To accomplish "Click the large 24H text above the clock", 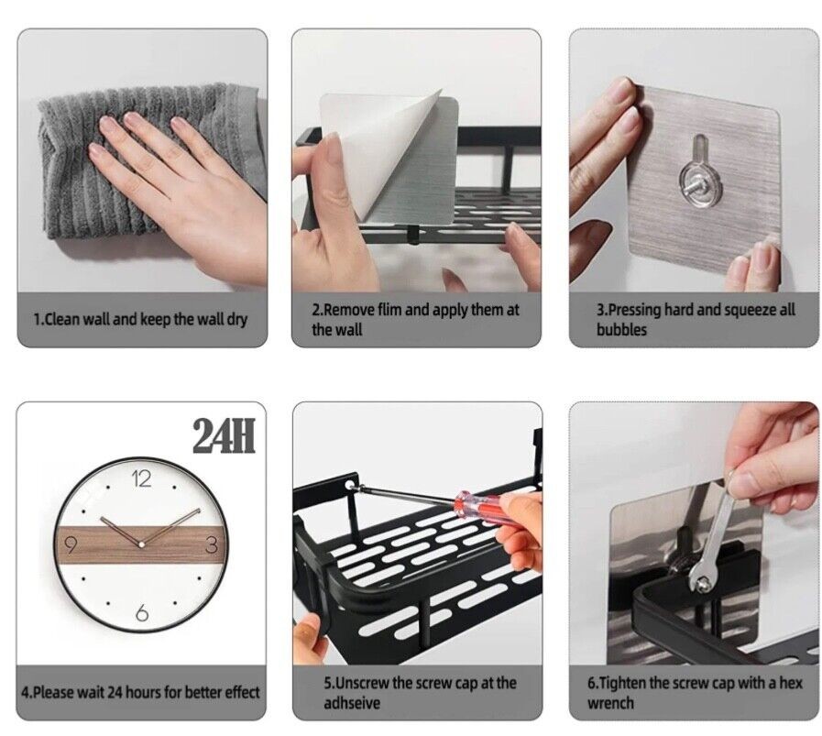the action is (x=224, y=436).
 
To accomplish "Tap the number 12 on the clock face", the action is (x=140, y=478).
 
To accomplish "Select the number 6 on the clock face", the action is (x=142, y=612).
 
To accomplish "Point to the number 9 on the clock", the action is (x=71, y=545).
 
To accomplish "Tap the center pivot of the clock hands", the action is (x=140, y=545).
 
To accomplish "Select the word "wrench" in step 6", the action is (x=610, y=703).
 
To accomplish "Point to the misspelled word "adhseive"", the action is (x=351, y=703).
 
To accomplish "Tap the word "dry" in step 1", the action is (x=236, y=319).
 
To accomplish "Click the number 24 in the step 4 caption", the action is (x=115, y=693).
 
